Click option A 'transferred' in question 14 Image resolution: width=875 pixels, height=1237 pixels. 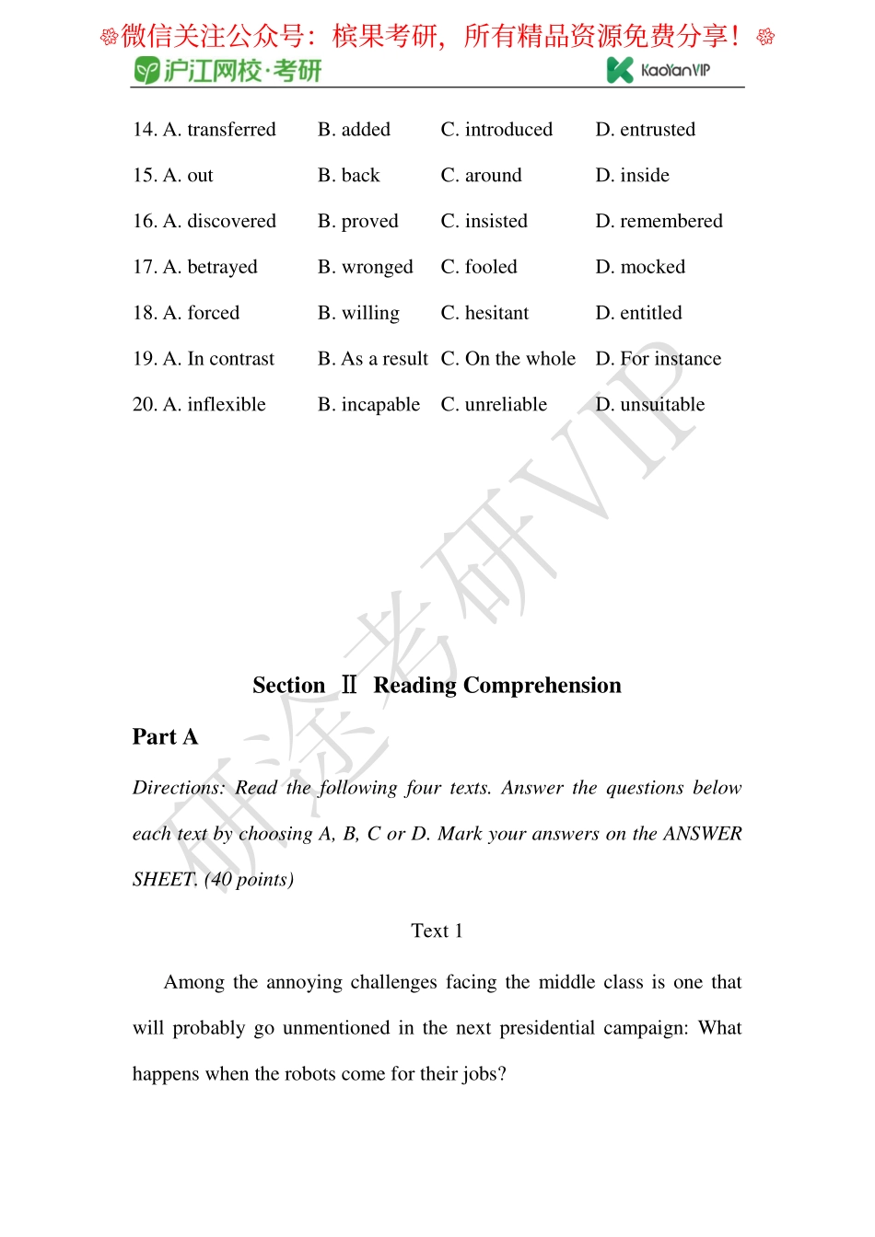click(219, 130)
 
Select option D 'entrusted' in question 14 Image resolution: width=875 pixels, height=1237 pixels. click(646, 130)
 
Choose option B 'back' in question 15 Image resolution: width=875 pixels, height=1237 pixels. click(349, 176)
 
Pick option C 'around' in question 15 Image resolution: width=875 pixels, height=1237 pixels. click(481, 176)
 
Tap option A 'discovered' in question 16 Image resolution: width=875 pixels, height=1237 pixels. click(219, 222)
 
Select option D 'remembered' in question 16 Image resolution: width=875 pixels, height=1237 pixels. click(659, 222)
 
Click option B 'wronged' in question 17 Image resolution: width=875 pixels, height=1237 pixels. click(366, 268)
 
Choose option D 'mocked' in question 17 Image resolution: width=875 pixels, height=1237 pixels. click(641, 268)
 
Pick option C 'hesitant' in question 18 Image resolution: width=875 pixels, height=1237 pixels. click(484, 314)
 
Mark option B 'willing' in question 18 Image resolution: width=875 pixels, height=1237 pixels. click(359, 314)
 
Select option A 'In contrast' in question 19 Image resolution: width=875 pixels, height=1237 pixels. click(218, 359)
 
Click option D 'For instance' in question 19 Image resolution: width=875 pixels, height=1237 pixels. click(659, 359)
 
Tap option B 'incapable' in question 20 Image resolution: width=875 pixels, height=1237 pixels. click(369, 405)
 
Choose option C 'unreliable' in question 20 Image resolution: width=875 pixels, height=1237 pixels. click(494, 405)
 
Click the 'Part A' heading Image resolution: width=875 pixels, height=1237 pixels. click(165, 737)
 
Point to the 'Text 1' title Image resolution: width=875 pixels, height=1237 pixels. click(437, 931)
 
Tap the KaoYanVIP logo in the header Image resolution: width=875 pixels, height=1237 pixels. click(659, 70)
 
